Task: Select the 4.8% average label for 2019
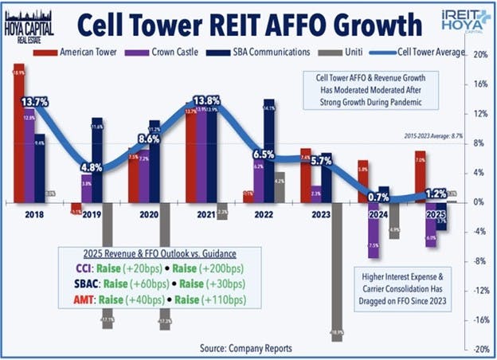[x=92, y=168]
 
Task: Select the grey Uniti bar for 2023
[x=337, y=271]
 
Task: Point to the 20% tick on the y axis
[x=480, y=55]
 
